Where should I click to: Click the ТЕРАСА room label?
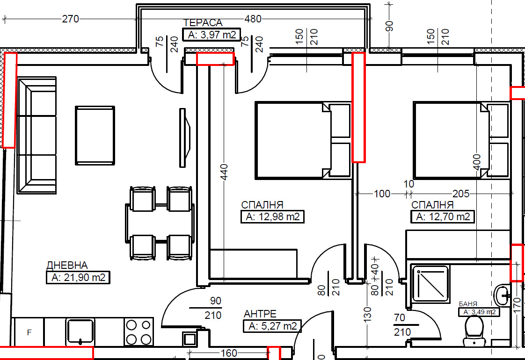[203, 23]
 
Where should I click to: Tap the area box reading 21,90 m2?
[78, 277]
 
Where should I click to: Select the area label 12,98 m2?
[272, 217]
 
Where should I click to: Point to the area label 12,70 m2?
[443, 217]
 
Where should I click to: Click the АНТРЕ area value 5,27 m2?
[272, 326]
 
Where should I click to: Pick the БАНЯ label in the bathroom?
[468, 304]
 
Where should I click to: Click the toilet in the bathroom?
[474, 331]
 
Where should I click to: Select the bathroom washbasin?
[502, 295]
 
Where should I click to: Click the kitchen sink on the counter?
[80, 331]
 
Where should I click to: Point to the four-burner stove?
[139, 331]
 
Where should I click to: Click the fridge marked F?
[29, 332]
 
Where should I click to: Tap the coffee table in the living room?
[95, 136]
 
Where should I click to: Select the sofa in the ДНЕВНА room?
[37, 136]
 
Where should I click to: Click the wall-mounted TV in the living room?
[184, 137]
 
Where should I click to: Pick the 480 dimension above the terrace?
[253, 19]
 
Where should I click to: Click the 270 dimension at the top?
[70, 19]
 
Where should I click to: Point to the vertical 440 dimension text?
[224, 172]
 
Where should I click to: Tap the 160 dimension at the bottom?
[229, 353]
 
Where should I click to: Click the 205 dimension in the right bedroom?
[461, 194]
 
